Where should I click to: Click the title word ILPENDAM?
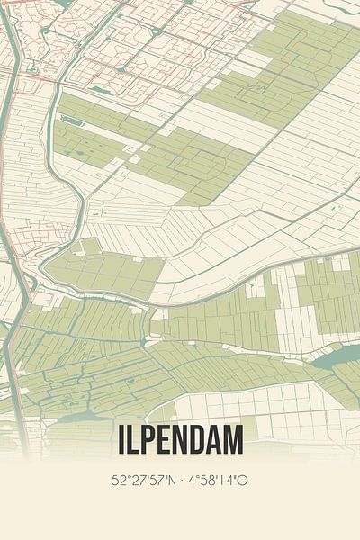pos(180,440)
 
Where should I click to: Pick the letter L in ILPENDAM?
pos(132,440)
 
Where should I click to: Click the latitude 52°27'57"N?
pos(145,480)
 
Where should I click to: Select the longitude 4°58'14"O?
pos(218,480)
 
